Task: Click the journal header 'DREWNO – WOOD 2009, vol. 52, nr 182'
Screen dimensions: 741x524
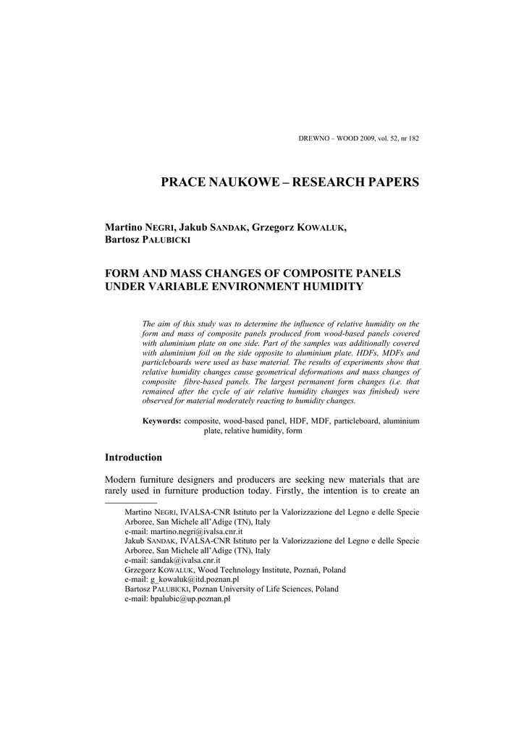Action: (359, 138)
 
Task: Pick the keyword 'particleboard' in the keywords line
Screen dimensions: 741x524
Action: (357, 420)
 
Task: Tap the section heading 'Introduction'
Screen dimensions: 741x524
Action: (133, 457)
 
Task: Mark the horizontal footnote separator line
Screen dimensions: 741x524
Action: (131, 501)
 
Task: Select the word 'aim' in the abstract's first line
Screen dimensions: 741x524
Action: (163, 323)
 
